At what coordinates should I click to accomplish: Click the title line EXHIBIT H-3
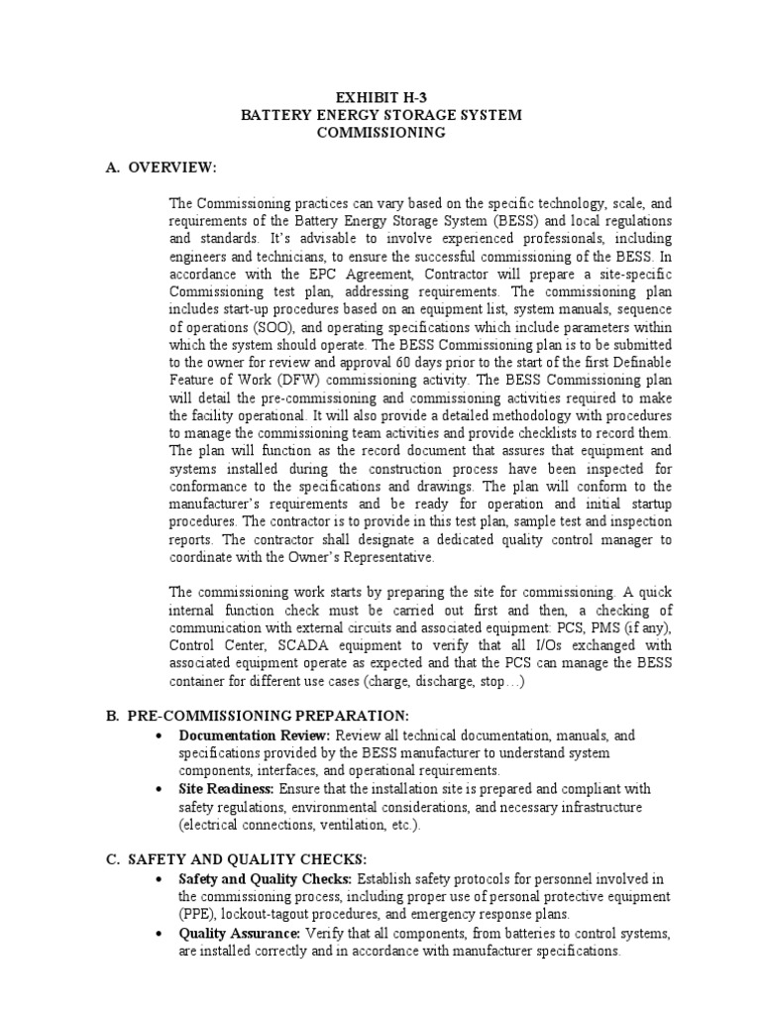[381, 98]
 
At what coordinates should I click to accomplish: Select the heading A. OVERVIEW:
[162, 167]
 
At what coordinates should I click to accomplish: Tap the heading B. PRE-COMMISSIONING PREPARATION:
[257, 716]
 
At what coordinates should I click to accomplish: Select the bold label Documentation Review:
[255, 735]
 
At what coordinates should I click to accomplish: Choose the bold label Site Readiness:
[227, 789]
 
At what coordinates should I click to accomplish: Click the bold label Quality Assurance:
[240, 934]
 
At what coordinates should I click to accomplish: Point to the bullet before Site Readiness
[161, 790]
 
